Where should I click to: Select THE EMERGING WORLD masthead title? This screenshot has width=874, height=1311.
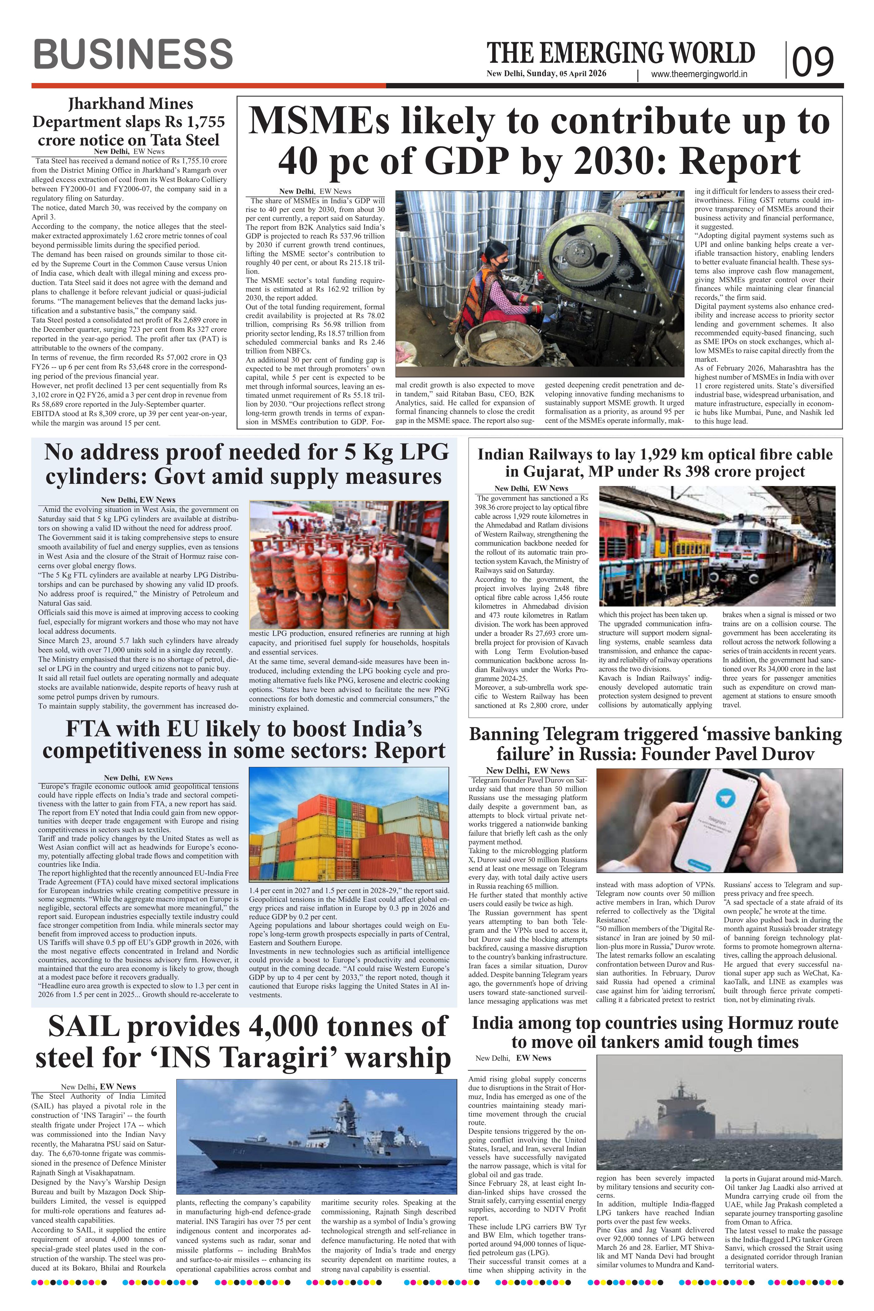621,53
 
